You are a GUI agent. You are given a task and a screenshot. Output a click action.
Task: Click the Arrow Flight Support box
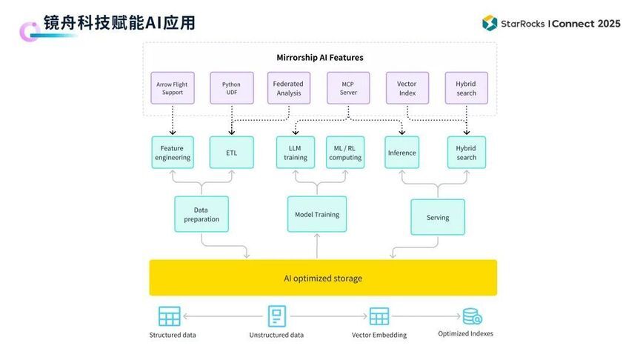(x=172, y=89)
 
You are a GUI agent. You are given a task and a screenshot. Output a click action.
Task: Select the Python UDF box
(x=231, y=89)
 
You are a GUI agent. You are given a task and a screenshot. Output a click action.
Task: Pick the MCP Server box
(x=348, y=89)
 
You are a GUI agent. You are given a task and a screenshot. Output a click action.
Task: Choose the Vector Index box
(x=407, y=89)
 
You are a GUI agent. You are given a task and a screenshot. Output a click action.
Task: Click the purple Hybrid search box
(x=466, y=89)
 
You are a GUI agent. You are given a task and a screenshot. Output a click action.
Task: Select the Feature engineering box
(x=173, y=153)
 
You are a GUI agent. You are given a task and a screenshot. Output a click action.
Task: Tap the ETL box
(x=231, y=153)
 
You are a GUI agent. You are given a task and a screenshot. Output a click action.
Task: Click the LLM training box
(x=296, y=153)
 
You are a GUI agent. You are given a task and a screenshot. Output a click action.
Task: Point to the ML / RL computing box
(x=345, y=153)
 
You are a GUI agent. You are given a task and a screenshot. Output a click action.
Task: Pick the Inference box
(x=401, y=153)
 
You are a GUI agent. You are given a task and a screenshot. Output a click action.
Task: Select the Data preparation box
(x=201, y=214)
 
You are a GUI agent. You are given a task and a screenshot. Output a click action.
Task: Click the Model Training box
(x=317, y=215)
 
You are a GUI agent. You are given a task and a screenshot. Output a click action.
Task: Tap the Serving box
(x=438, y=217)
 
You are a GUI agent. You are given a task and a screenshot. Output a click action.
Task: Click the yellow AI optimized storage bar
(x=323, y=278)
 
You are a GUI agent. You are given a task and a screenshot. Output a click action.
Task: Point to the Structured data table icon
(x=170, y=316)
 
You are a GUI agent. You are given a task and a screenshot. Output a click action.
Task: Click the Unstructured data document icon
(x=276, y=316)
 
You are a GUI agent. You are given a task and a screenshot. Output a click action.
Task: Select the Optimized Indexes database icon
(x=472, y=316)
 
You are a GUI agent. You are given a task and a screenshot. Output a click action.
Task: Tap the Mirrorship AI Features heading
(x=320, y=57)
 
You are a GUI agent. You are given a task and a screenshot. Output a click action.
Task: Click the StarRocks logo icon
(x=489, y=23)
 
